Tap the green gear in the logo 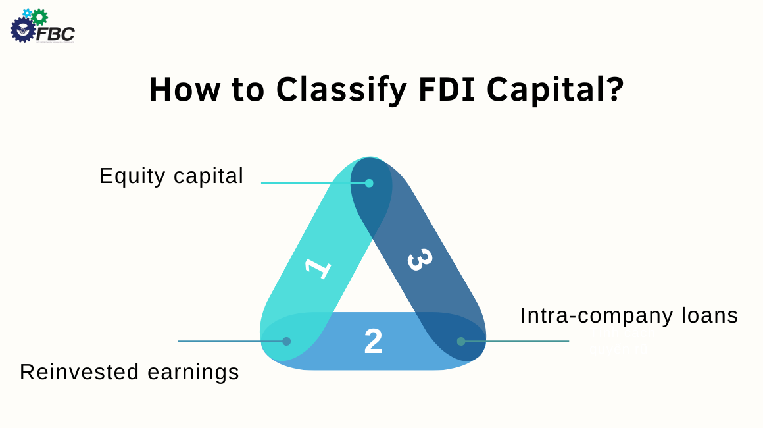coord(39,16)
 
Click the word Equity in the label coord(133,176)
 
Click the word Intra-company coord(595,315)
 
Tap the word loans coord(708,315)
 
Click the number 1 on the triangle coord(319,268)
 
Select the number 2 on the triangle coord(373,342)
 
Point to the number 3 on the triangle coord(419,259)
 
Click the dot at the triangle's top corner coord(369,183)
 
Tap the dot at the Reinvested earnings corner coord(286,341)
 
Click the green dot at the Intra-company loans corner coord(461,341)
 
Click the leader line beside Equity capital coord(309,183)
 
